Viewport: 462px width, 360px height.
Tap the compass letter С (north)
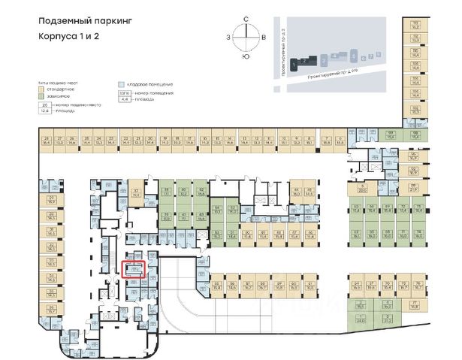tap(246, 21)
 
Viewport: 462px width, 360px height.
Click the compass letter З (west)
tap(228, 36)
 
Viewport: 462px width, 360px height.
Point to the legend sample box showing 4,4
tap(125, 98)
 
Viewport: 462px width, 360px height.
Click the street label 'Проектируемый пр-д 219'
tap(331, 75)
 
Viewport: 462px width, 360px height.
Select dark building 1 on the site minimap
tap(303, 57)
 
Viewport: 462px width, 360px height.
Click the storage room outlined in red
tap(133, 268)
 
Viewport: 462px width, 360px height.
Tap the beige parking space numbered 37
tap(135, 192)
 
